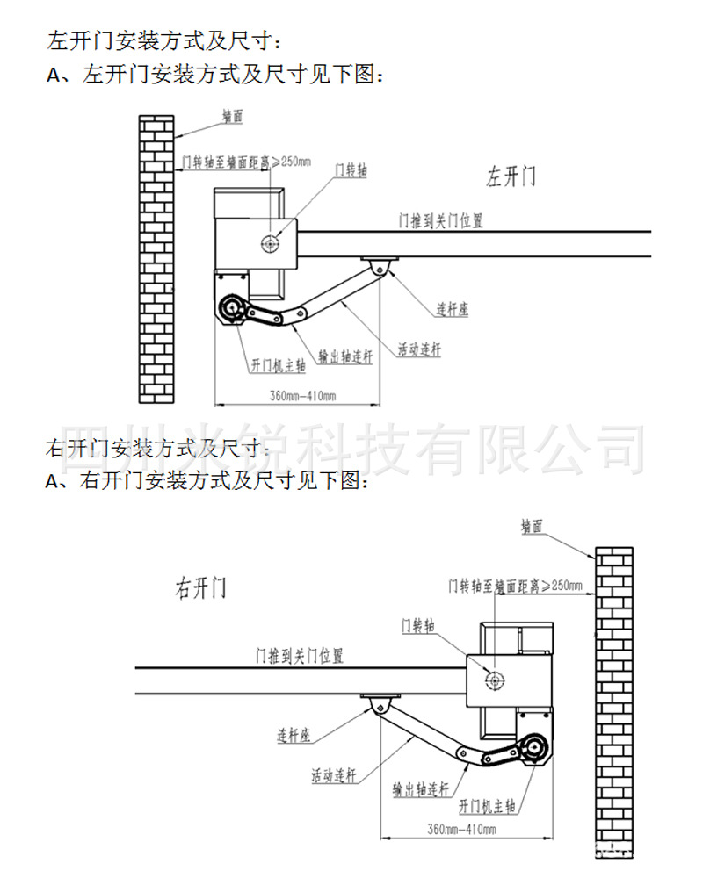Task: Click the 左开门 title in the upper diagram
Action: (x=511, y=176)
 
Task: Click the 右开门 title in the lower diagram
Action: (x=200, y=587)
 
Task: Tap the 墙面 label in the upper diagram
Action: (x=232, y=116)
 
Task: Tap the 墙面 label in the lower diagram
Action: (x=532, y=526)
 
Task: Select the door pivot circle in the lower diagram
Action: (x=495, y=679)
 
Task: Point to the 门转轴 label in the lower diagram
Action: (x=417, y=626)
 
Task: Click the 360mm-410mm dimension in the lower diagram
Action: (x=461, y=829)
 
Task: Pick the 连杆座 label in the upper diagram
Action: (x=452, y=310)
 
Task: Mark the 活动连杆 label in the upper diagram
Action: (x=420, y=349)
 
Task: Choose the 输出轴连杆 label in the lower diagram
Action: (x=421, y=788)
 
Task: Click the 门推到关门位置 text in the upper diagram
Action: (x=441, y=220)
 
